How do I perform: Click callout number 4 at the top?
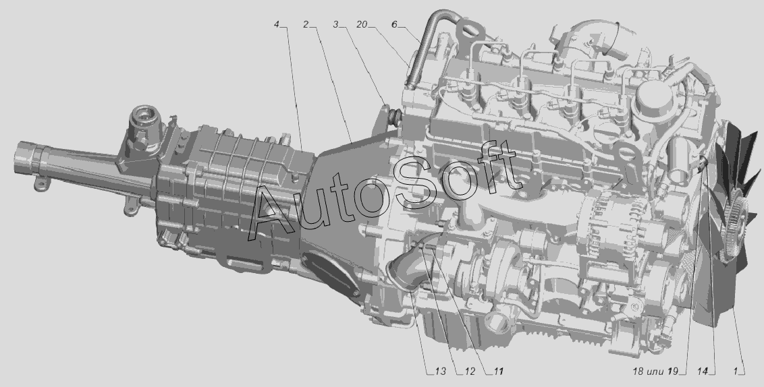click(277, 24)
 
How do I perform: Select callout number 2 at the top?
click(306, 24)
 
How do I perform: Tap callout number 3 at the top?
click(335, 24)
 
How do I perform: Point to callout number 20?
click(362, 24)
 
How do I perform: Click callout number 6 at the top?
click(394, 24)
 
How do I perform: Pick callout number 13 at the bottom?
click(440, 371)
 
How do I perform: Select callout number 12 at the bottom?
click(469, 371)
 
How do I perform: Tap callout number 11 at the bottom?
click(498, 371)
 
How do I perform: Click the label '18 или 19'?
click(655, 371)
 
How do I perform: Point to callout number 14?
click(702, 371)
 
